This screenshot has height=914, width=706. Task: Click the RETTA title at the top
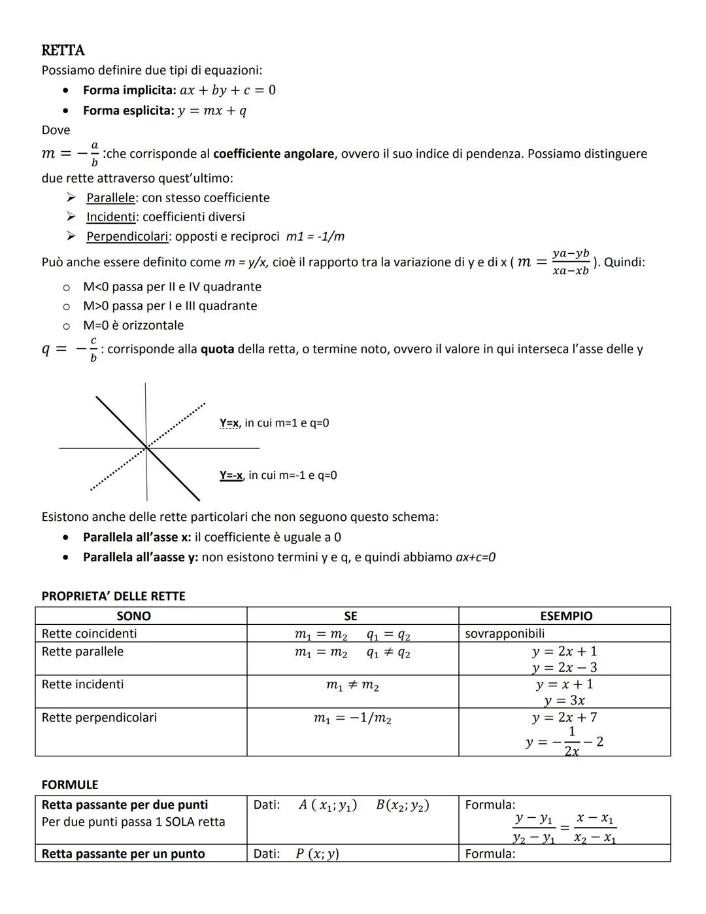[x=63, y=50]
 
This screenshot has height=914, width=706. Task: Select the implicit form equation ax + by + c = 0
[x=227, y=90]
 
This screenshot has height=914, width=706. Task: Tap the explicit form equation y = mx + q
[x=212, y=111]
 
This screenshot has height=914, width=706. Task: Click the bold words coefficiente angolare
[x=273, y=154]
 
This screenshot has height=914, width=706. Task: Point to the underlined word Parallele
[x=110, y=198]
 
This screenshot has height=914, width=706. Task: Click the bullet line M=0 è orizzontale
[x=133, y=325]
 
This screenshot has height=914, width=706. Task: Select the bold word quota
[x=217, y=349]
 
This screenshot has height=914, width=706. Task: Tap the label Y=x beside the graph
[x=229, y=423]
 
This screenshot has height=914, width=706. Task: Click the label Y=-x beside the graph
[x=231, y=476]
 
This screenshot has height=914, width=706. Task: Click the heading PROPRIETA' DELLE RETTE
[x=113, y=596]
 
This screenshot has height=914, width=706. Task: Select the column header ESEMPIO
[x=565, y=616]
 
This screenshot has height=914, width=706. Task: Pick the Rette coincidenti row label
[x=89, y=633]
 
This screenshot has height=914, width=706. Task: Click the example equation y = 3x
[x=564, y=700]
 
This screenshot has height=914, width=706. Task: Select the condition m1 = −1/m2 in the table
[x=352, y=718]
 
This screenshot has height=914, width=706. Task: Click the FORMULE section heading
[x=69, y=784]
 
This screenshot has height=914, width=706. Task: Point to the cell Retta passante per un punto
[x=123, y=854]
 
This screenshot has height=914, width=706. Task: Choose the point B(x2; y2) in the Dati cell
[x=402, y=805]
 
